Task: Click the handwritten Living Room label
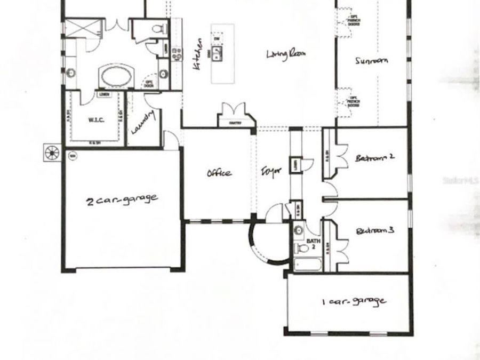(x=288, y=54)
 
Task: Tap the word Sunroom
(x=371, y=61)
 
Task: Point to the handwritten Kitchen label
(x=197, y=54)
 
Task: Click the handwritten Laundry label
(x=143, y=122)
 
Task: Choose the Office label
(x=219, y=173)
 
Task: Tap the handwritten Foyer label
(x=270, y=172)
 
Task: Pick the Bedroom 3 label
(x=374, y=231)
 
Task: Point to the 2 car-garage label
(x=122, y=199)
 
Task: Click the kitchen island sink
(x=218, y=52)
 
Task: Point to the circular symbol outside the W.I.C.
(x=52, y=152)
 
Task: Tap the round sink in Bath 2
(x=299, y=230)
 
